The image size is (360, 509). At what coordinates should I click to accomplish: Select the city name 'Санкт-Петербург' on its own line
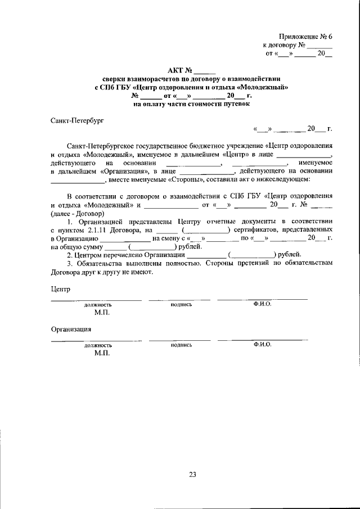point(77,120)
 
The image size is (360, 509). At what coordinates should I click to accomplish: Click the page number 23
point(192,475)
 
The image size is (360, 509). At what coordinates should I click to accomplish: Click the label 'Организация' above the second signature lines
point(71,330)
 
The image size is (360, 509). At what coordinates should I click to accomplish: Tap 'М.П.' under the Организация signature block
point(102,353)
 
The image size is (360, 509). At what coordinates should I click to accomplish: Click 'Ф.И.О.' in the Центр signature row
point(262,304)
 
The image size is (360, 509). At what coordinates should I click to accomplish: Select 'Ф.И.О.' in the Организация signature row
point(262,344)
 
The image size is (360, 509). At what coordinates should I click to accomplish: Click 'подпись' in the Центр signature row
point(181,304)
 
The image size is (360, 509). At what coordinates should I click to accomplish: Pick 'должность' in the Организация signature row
point(98,345)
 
